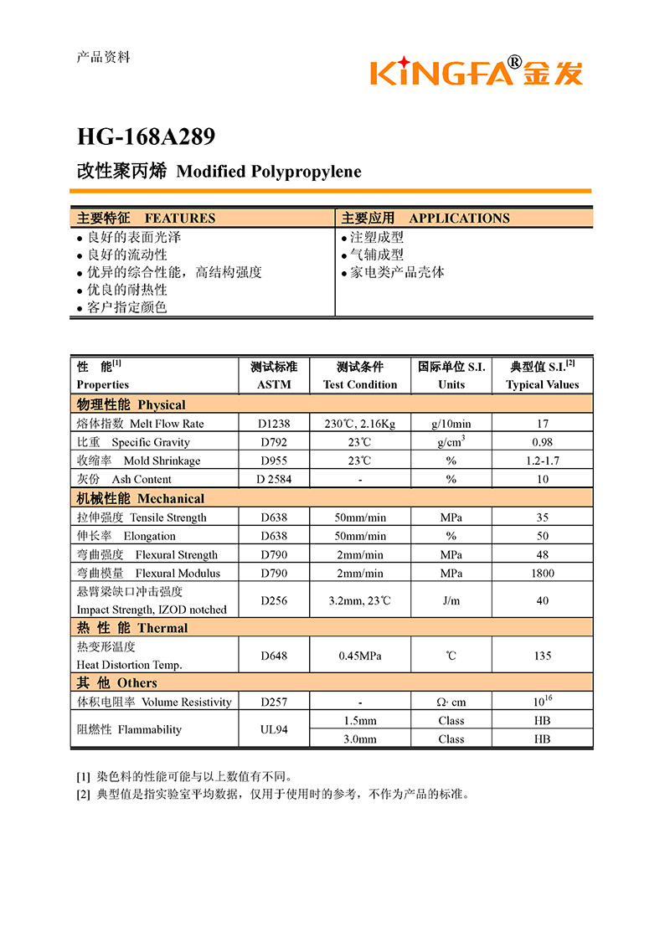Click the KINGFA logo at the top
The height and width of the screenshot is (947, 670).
[x=476, y=71]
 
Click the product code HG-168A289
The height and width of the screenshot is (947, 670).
[x=146, y=136]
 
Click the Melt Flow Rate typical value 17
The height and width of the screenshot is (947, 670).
[x=543, y=424]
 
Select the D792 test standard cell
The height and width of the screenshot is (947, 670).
[x=274, y=442]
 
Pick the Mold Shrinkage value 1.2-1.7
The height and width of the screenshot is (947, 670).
[x=543, y=461]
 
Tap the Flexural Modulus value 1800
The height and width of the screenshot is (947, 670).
[x=543, y=573]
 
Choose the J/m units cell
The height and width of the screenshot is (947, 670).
[x=451, y=600]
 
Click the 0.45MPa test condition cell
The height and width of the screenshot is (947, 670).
[x=360, y=656]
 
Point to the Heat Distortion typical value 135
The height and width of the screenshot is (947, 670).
[x=543, y=656]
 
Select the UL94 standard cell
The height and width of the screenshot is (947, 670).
[x=274, y=729]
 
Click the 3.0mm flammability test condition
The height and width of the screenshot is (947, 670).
[x=360, y=739]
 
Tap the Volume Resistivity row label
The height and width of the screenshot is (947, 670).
[x=154, y=702]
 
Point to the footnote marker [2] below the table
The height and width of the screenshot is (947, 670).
[x=83, y=794]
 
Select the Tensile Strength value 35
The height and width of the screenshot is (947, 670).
[x=543, y=517]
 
